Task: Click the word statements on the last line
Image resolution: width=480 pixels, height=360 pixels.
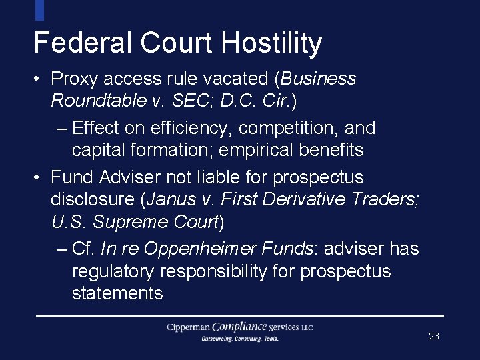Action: click(117, 293)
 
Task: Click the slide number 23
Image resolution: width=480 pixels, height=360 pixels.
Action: click(434, 337)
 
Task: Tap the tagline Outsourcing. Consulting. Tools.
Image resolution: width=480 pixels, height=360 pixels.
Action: click(240, 339)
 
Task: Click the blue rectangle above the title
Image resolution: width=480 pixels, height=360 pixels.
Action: click(39, 9)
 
